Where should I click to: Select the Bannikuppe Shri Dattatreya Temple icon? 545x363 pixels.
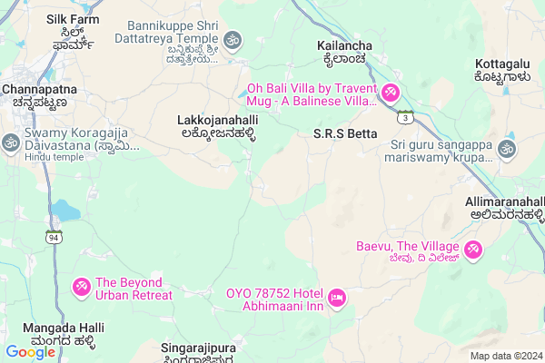(x=232, y=40)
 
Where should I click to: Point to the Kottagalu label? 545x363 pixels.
(x=501, y=71)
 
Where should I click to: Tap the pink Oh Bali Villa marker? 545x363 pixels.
(x=390, y=93)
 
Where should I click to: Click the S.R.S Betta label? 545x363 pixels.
(x=338, y=134)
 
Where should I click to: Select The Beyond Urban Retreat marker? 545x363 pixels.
(x=81, y=288)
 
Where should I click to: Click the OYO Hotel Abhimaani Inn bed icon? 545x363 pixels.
(x=336, y=298)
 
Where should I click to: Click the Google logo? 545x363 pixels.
(x=30, y=352)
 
